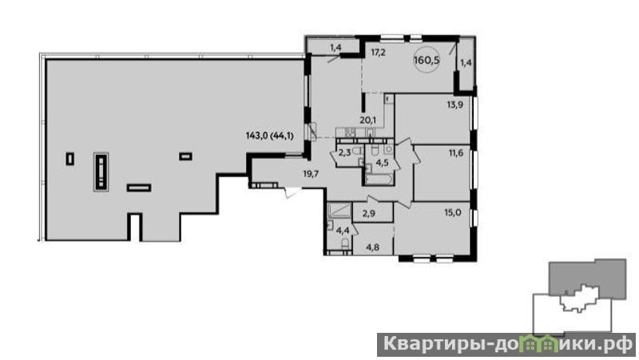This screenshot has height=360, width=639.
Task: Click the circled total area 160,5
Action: (x=427, y=61)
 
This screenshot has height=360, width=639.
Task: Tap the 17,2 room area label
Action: (x=378, y=53)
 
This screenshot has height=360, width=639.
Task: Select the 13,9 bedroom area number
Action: (x=454, y=105)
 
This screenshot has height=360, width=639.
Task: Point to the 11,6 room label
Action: (x=456, y=153)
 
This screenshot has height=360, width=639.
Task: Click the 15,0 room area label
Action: (x=453, y=212)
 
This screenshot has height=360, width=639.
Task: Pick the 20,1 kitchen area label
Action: (x=367, y=120)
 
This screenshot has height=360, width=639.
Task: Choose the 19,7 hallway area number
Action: (x=311, y=174)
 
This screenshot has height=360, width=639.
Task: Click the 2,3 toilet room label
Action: (x=344, y=153)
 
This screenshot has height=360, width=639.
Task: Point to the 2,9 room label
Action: (x=369, y=213)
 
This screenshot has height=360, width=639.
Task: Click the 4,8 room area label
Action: (x=372, y=247)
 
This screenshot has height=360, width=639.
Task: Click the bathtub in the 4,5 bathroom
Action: (x=379, y=180)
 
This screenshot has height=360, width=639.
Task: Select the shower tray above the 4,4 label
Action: (x=339, y=210)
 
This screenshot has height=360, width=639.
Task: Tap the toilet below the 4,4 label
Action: (x=345, y=244)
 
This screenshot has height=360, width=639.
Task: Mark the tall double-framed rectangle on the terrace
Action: (x=101, y=172)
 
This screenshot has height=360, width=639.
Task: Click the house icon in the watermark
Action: (x=541, y=346)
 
